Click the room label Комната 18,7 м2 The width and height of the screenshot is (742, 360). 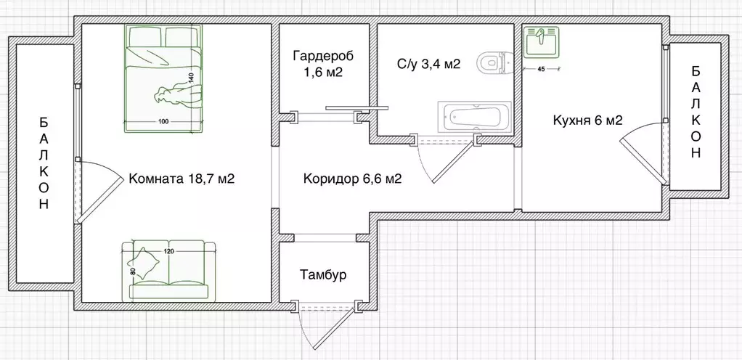tap(180, 179)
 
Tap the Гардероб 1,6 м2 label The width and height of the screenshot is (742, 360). tap(318, 64)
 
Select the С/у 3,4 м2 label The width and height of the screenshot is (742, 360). tap(428, 65)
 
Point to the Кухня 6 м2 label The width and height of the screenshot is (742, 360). tap(588, 120)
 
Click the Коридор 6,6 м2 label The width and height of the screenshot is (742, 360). tap(353, 179)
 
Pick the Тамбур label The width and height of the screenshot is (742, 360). tap(322, 275)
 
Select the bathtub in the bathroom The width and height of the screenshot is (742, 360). tap(475, 117)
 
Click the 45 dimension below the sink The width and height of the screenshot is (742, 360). tap(541, 70)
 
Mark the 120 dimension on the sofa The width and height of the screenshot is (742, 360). tap(168, 250)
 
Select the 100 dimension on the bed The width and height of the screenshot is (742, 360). tap(163, 121)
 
